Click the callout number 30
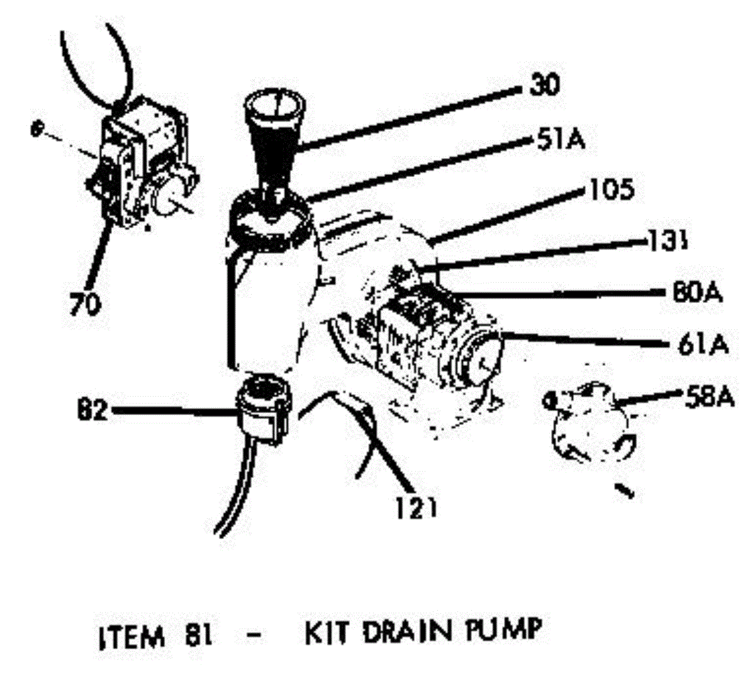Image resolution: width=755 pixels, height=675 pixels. [x=544, y=86]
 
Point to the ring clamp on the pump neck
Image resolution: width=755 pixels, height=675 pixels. [x=271, y=217]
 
